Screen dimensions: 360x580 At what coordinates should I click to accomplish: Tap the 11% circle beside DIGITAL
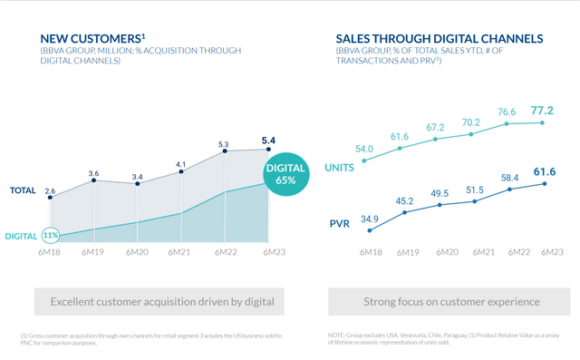click(51, 236)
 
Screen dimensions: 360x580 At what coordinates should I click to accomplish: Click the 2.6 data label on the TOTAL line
click(51, 179)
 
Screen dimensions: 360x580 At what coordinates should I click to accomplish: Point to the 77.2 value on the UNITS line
click(543, 109)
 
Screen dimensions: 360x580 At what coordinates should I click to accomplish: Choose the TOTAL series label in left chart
click(22, 191)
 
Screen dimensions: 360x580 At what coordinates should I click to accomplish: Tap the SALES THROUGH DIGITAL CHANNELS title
click(440, 39)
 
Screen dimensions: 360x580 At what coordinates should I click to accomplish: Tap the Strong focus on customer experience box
click(451, 301)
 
